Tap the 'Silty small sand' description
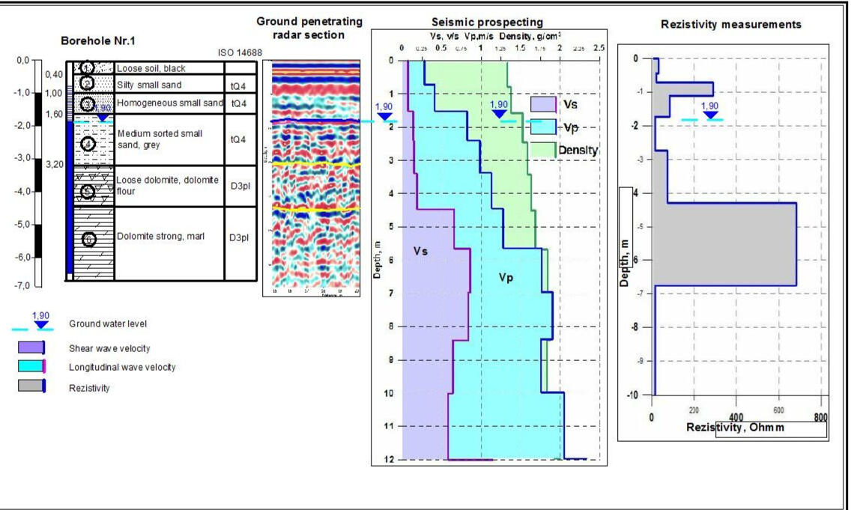coord(148,85)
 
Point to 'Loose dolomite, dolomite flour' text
coord(167,185)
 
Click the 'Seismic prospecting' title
coord(488,23)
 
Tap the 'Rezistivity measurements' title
coord(731,25)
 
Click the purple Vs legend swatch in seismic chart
coord(542,104)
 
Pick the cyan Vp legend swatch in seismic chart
coord(542,126)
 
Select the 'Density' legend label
coord(578,151)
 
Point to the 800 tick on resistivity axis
coord(821,416)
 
